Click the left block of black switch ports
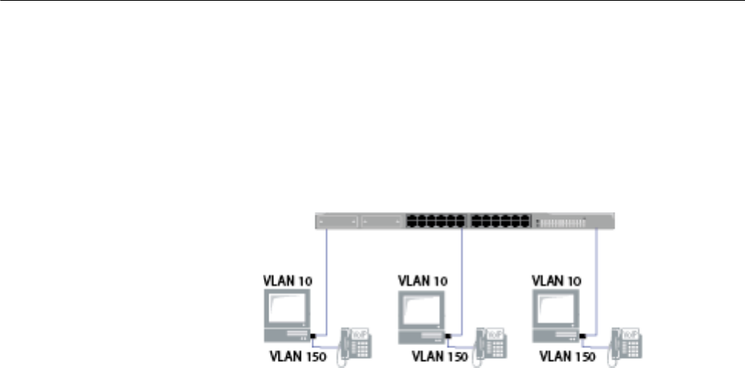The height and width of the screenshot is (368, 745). [434, 221]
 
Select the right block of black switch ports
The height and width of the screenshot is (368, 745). [499, 221]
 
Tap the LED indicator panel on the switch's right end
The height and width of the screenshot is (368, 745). [563, 222]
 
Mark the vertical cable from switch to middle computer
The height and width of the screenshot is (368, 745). [462, 276]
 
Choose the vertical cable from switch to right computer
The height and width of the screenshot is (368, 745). [597, 276]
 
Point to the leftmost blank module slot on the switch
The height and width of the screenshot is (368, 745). [338, 222]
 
